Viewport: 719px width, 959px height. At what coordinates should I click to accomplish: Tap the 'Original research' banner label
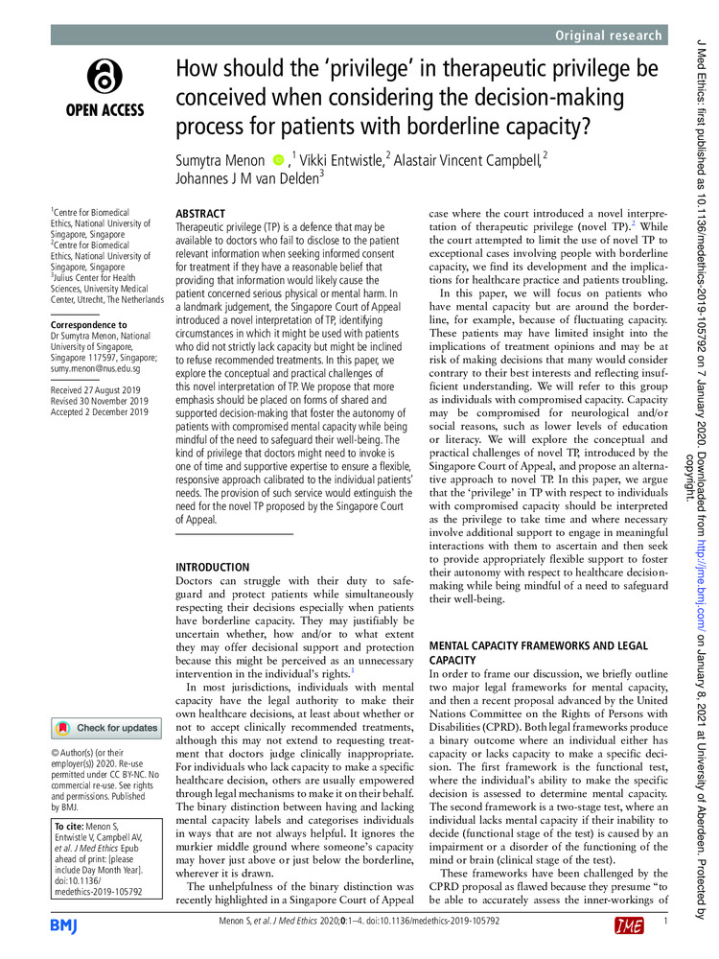(608, 35)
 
